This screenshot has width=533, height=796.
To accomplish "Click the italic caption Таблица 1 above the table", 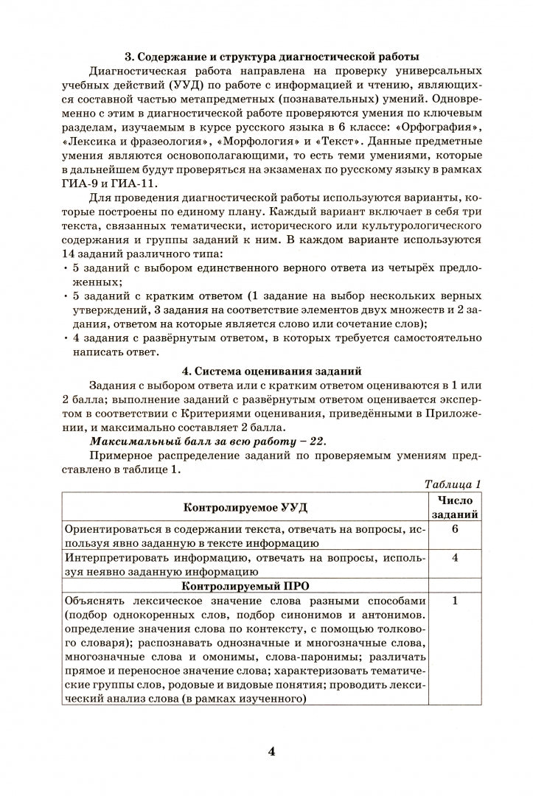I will click(453, 484).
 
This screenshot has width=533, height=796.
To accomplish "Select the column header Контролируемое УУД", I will click(245, 508).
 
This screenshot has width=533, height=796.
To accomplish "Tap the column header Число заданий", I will click(455, 507).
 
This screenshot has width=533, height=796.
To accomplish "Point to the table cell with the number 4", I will click(455, 557).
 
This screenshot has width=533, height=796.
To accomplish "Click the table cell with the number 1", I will click(455, 601).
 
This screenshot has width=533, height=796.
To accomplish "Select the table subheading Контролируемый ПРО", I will click(245, 585).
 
